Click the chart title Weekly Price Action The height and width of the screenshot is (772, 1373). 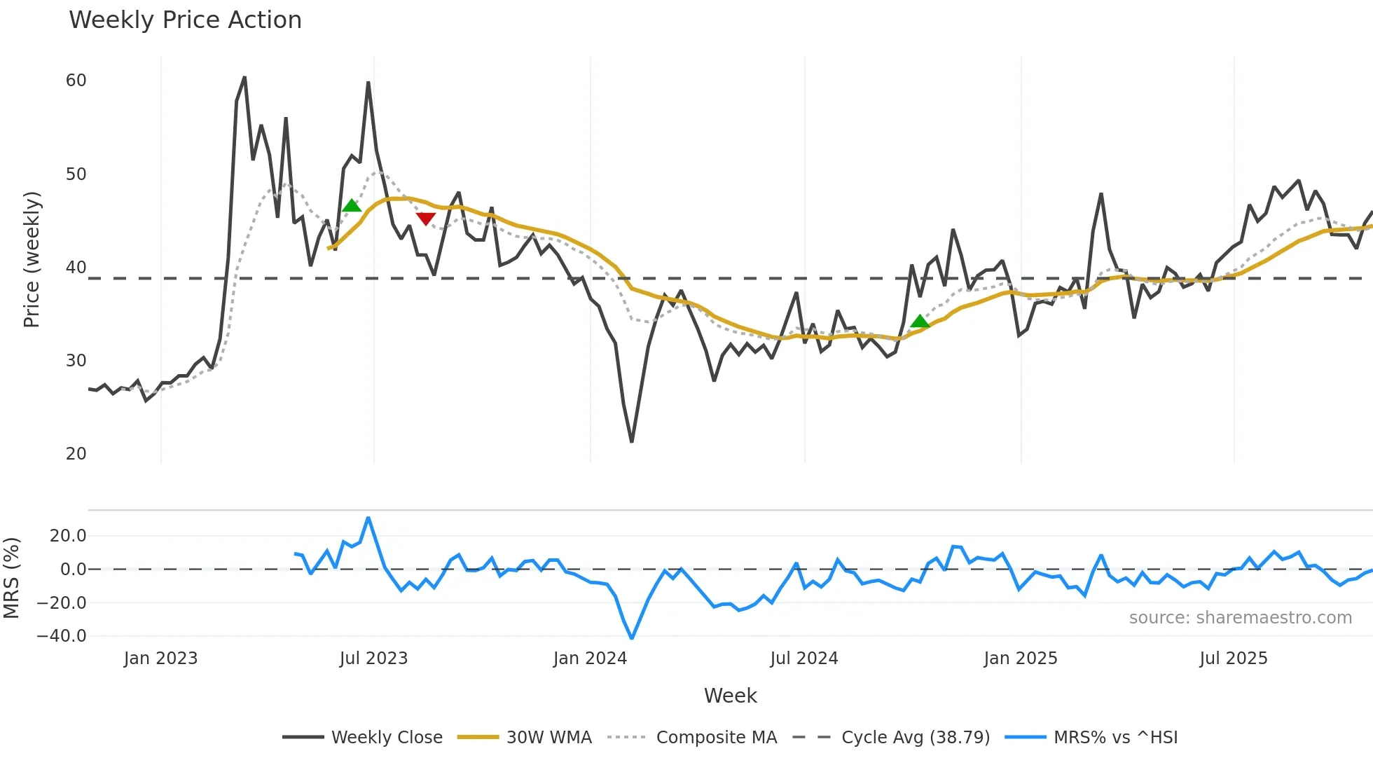tap(185, 20)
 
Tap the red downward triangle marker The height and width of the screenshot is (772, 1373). tap(426, 219)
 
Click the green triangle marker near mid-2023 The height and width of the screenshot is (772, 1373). tap(352, 205)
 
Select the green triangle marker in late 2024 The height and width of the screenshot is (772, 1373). tap(920, 322)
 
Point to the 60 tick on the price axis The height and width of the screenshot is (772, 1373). tap(76, 81)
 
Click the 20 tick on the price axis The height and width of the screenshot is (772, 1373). tap(76, 454)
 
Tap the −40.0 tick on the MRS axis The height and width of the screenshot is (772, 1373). tap(62, 636)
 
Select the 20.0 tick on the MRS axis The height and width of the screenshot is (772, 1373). tap(68, 536)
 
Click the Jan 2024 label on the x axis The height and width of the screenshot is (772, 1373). tap(590, 659)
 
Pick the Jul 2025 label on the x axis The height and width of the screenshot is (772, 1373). tap(1234, 659)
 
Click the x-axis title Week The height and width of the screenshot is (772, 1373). tap(730, 696)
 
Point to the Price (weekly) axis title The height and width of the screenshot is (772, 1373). tap(32, 259)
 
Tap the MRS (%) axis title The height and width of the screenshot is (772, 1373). tap(11, 578)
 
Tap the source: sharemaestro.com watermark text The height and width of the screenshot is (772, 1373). tap(1240, 618)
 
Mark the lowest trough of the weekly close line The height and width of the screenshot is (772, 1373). tap(632, 441)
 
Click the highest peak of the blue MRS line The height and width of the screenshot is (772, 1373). tap(368, 518)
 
